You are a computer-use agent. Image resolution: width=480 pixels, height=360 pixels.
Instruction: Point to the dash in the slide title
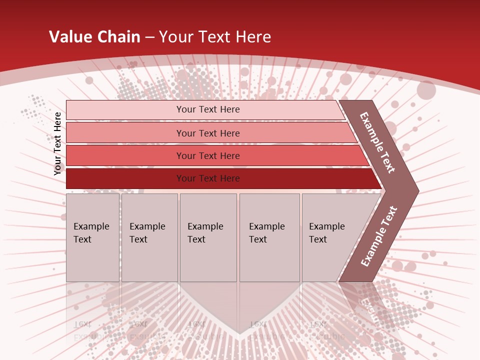pos(149,37)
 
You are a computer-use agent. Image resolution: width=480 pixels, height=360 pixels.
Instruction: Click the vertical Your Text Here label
pos(57,143)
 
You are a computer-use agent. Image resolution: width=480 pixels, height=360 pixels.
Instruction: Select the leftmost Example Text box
pos(92,237)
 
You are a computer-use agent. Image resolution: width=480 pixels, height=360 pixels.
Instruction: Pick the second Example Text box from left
pos(149,237)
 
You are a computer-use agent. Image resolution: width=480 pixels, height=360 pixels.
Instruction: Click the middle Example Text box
pos(208,237)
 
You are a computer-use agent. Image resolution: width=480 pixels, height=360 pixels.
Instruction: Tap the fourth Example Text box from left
pos(269,237)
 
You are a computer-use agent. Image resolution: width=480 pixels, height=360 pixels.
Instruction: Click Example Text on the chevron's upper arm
pos(377,142)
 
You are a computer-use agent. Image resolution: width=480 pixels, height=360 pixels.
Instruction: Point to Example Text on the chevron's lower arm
pos(379,236)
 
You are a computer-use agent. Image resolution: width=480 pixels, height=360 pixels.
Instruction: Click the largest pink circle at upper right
pos(426,90)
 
